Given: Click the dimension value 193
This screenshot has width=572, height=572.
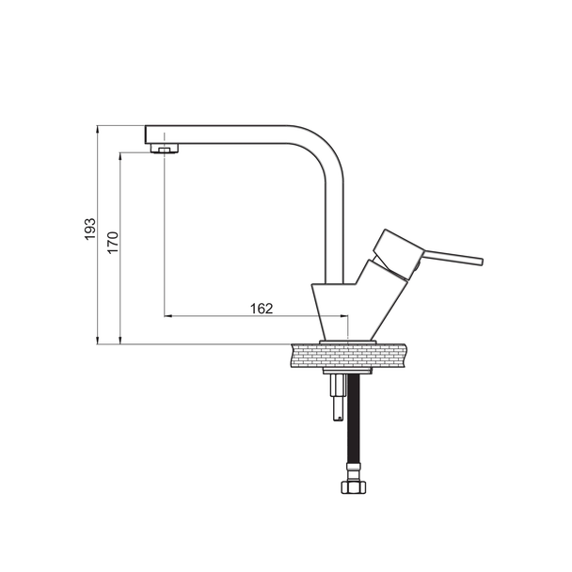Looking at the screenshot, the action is coord(89,230).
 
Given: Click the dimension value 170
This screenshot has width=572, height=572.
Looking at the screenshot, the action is coord(113,243).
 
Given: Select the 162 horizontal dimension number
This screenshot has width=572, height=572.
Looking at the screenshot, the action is coord(262,309).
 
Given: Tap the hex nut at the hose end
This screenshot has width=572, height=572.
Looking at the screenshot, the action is coord(354,486).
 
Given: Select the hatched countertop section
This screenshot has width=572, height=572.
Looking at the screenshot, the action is coord(349,356).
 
